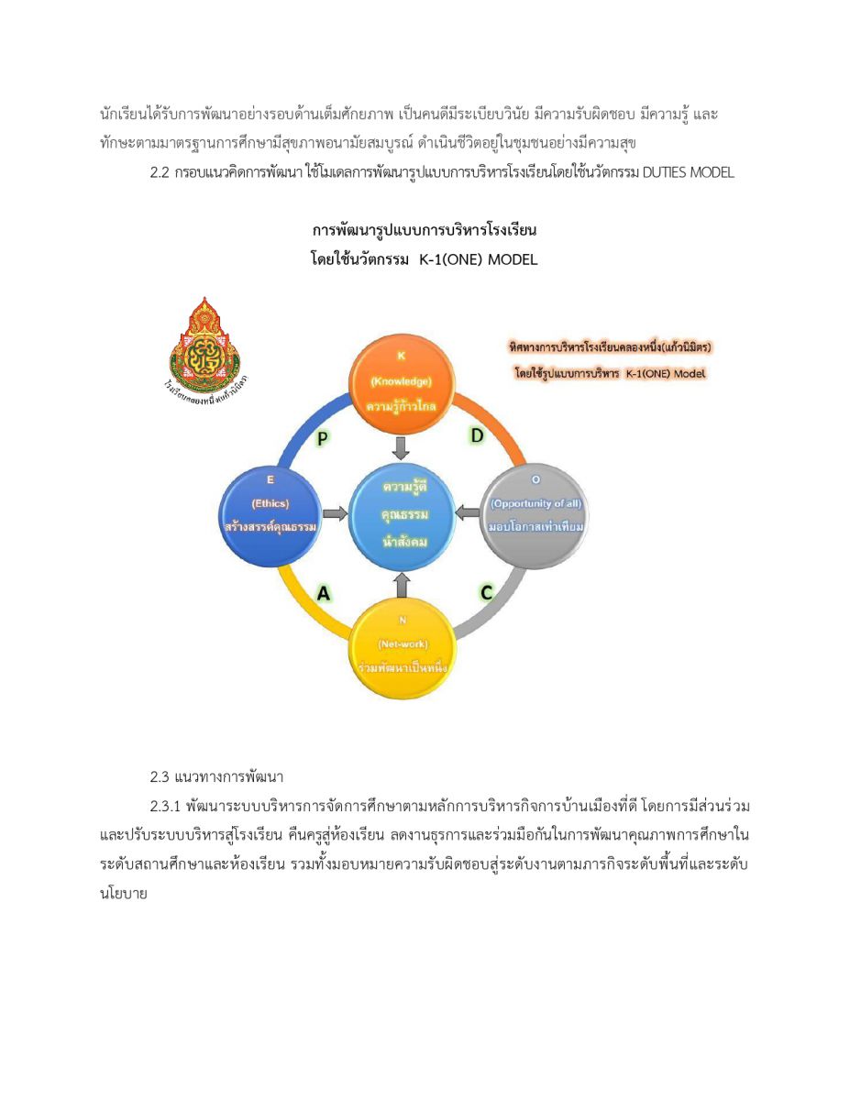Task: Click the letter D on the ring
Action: [477, 436]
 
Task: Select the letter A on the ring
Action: [324, 593]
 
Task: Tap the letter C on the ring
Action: [487, 593]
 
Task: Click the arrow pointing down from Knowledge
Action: [401, 447]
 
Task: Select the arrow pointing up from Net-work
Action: [401, 584]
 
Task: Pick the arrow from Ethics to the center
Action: [336, 514]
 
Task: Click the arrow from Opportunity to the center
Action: [468, 511]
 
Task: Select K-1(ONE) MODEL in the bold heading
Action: [478, 260]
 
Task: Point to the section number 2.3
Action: [161, 778]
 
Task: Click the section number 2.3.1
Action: [167, 807]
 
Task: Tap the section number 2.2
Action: [161, 173]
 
